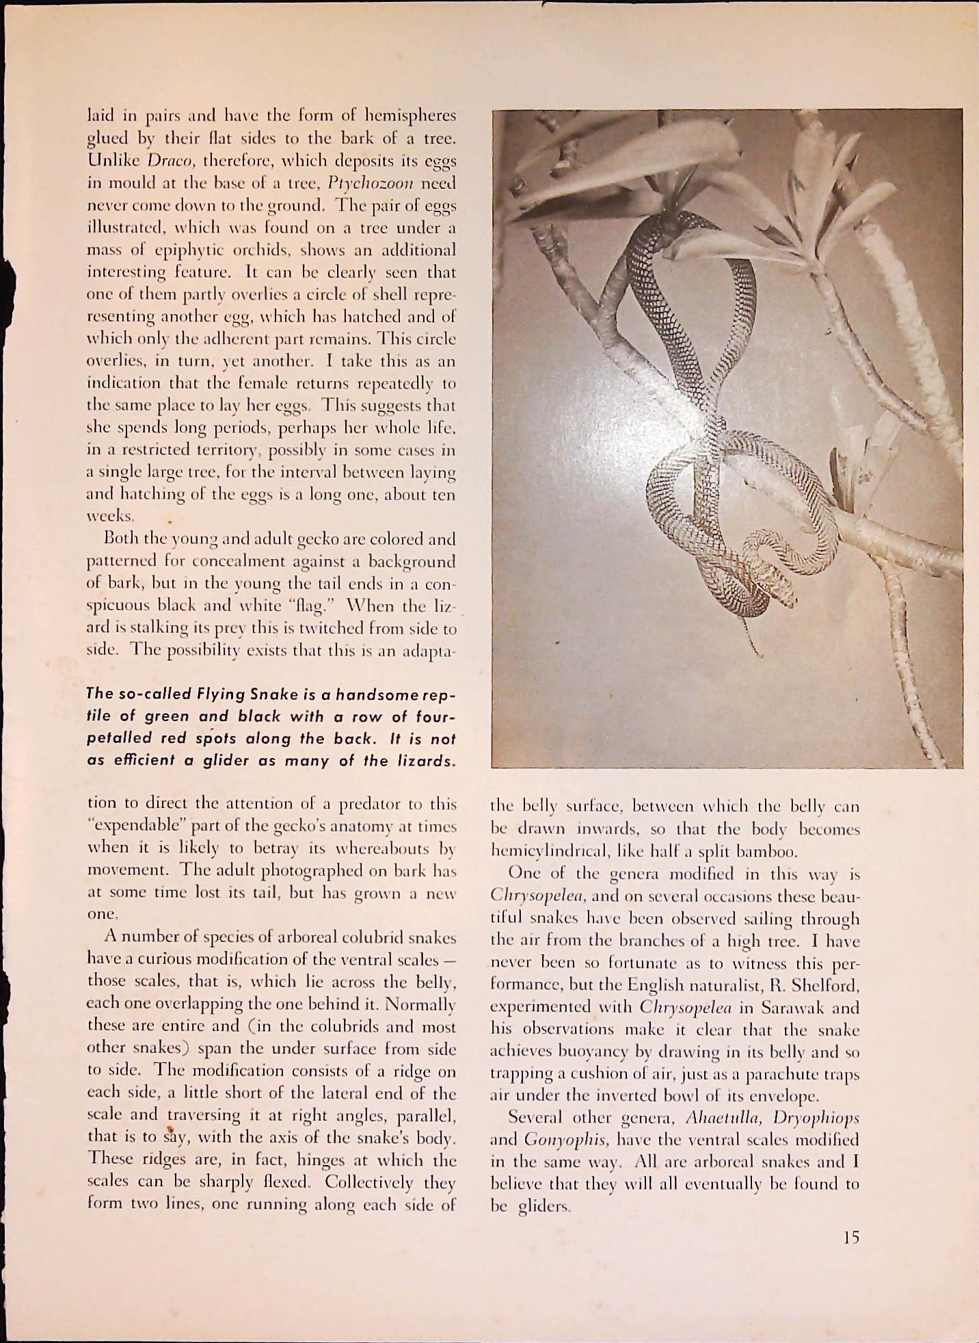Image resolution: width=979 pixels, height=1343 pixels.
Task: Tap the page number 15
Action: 850,1237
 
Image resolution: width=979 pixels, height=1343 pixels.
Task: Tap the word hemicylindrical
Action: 549,852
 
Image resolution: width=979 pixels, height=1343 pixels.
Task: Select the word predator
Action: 378,803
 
